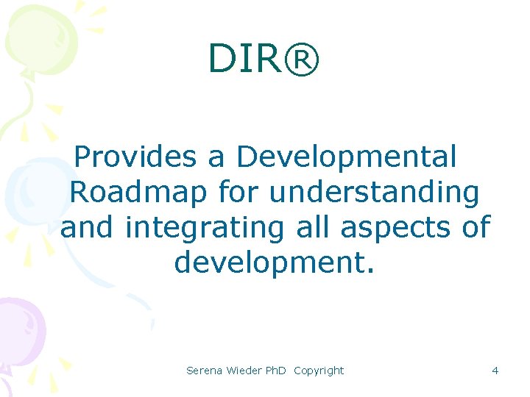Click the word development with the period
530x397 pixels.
[275, 262]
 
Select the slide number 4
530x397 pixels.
[495, 371]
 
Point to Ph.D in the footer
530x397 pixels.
[277, 371]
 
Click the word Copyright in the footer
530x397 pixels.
[319, 371]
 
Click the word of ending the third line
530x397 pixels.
[474, 228]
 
